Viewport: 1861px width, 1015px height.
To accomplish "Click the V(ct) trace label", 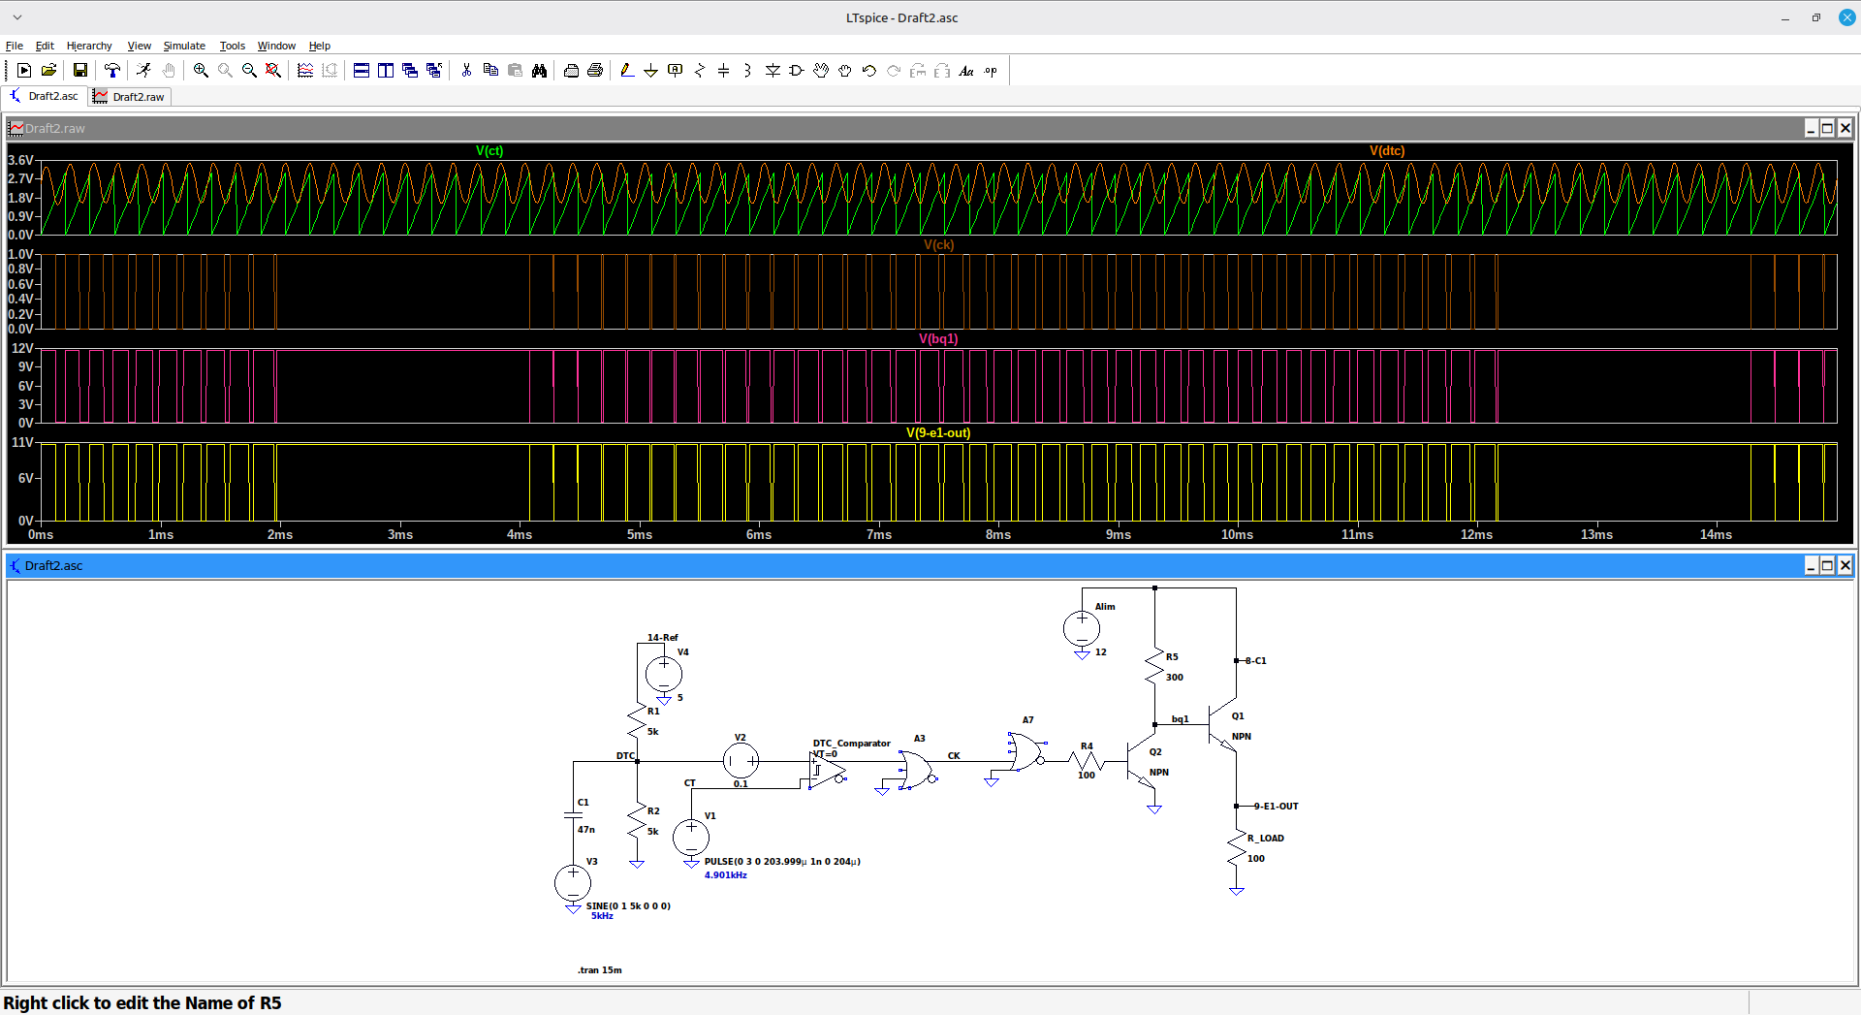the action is click(x=489, y=150).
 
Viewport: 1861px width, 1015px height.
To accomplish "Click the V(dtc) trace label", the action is click(x=1387, y=150).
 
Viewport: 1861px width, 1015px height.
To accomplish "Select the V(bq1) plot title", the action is click(x=938, y=338).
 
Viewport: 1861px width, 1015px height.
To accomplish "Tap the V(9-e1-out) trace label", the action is click(x=938, y=432).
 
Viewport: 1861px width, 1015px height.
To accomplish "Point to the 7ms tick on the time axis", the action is click(x=879, y=534).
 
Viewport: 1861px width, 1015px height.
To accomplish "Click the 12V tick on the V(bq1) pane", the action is click(x=22, y=348).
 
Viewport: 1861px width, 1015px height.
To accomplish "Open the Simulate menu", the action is click(x=184, y=46).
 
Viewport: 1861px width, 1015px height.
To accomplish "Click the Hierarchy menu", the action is click(x=89, y=46).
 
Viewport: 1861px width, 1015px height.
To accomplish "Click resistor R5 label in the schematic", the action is click(x=1172, y=657).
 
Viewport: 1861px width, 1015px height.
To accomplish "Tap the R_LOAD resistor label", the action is click(x=1266, y=839).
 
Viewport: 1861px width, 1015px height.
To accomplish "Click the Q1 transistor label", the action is click(x=1238, y=716).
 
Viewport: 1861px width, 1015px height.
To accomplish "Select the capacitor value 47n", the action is click(x=586, y=830).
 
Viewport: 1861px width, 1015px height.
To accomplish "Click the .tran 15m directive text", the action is click(x=600, y=969).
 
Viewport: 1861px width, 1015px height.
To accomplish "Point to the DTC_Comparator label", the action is click(x=851, y=744).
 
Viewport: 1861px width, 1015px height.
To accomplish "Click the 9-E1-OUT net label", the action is click(x=1276, y=807).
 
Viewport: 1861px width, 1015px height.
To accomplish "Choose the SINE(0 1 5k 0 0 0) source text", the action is click(x=628, y=906).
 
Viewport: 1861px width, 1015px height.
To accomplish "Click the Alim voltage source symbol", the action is click(x=1082, y=628).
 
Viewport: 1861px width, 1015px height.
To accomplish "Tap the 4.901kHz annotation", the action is click(x=726, y=875).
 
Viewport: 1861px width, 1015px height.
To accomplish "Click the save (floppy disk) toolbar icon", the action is click(x=80, y=70).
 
